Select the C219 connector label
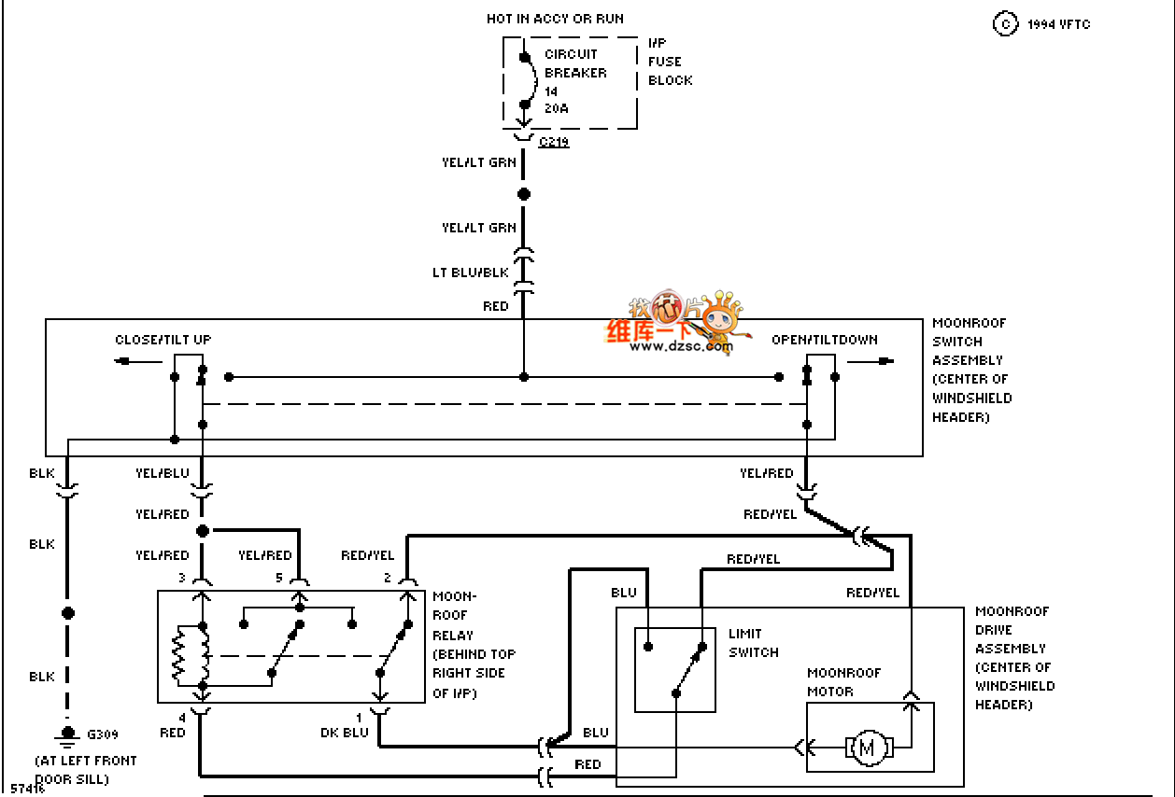(554, 143)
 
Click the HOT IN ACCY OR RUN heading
(555, 19)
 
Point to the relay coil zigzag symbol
(178, 656)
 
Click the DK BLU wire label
(344, 733)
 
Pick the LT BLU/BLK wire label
(470, 273)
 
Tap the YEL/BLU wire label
(163, 473)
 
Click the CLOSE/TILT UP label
(163, 340)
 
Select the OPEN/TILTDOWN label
(825, 340)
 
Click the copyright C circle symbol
(1005, 24)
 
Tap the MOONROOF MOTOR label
(843, 682)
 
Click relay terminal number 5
(278, 579)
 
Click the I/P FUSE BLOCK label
(671, 62)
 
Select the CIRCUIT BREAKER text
(575, 63)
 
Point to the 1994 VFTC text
(1058, 24)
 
